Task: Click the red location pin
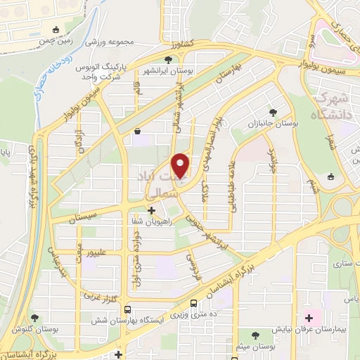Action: click(181, 165)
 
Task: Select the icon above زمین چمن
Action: click(56, 30)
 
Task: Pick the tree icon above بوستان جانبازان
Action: click(273, 112)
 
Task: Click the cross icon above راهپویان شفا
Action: click(153, 209)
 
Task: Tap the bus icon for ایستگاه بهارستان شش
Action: click(127, 309)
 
